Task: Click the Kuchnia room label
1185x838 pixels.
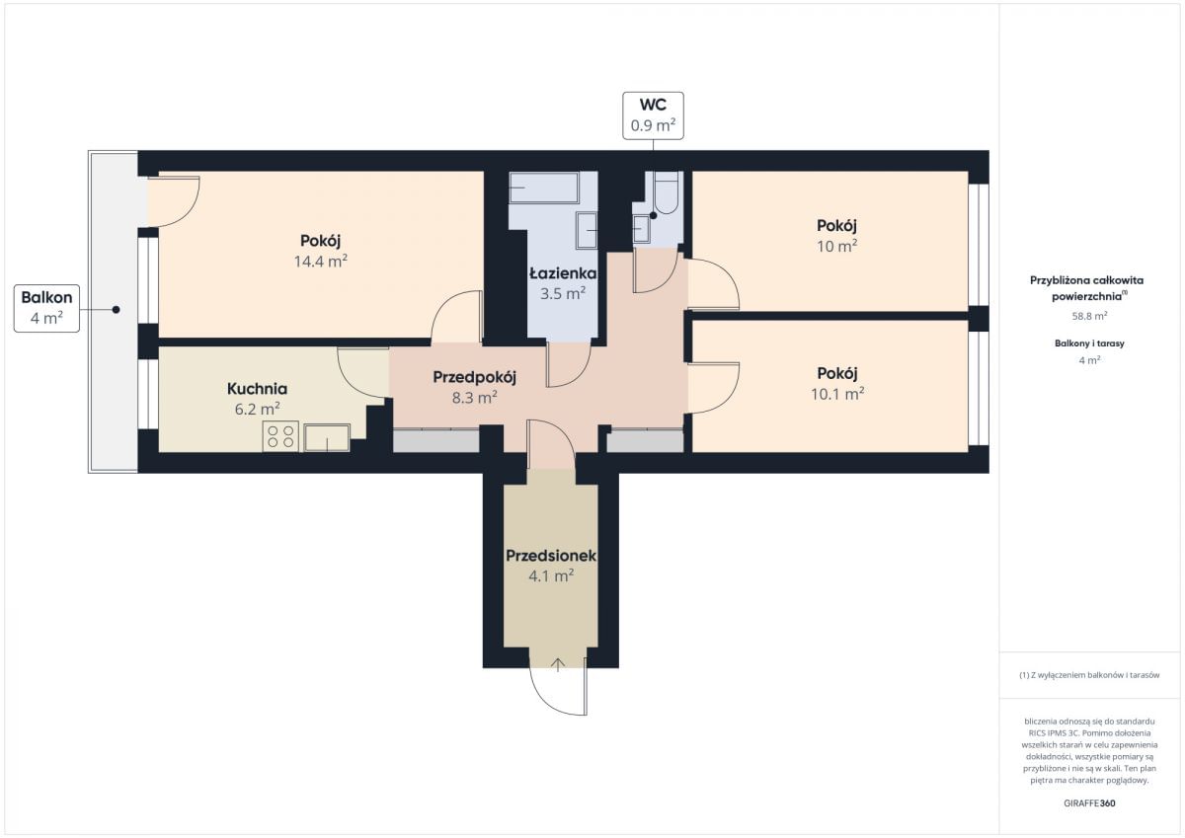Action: click(257, 389)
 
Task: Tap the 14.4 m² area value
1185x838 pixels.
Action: click(321, 262)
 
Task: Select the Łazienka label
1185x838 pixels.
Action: click(563, 273)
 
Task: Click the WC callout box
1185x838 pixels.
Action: click(653, 115)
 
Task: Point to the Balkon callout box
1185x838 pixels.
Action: click(46, 308)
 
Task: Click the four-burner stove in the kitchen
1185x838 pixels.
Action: click(280, 436)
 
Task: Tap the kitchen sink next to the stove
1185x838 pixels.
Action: click(327, 438)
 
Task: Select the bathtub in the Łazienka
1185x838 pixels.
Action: click(544, 188)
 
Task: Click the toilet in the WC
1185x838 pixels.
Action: click(666, 193)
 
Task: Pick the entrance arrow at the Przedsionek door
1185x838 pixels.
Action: click(558, 664)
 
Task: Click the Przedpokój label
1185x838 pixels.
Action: click(474, 377)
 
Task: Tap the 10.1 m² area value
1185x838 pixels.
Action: click(837, 394)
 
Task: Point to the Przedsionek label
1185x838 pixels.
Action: click(551, 556)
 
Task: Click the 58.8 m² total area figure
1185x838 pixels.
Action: click(1089, 316)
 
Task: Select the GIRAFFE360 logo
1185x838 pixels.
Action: click(1089, 803)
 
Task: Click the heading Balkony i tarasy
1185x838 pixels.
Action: click(1089, 343)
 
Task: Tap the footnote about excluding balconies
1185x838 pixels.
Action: click(1089, 675)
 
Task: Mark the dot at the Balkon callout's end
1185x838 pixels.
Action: click(116, 310)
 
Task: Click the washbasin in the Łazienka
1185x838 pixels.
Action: click(587, 231)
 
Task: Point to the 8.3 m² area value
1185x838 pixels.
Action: click(474, 397)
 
